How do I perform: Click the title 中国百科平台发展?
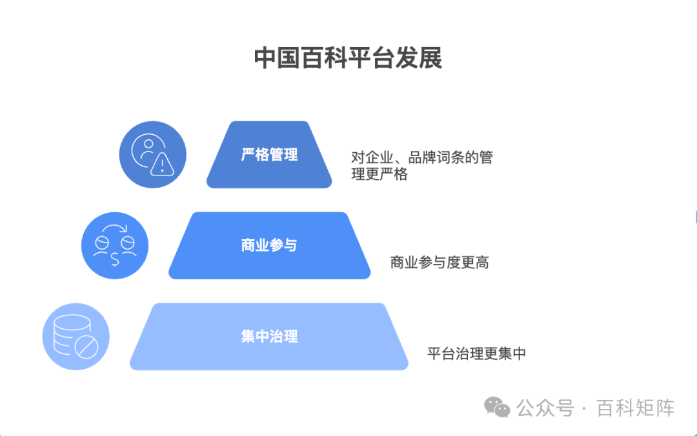pos(348,58)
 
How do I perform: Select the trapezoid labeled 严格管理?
pos(269,155)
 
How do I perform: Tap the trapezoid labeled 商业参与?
pos(269,246)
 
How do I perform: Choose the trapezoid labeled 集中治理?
pos(269,337)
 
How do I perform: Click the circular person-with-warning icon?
pos(152,155)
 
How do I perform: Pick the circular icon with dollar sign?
pos(115,246)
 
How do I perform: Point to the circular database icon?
pos(76,337)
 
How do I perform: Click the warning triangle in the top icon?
pos(161,166)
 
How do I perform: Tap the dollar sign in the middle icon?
pos(115,259)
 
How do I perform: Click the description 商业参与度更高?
pos(439,263)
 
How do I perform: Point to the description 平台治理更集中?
pos(476,353)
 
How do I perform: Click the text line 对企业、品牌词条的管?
pos(422,157)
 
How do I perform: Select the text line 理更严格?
pos(379,174)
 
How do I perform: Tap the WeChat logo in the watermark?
pos(498,408)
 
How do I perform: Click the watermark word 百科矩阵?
pos(635,408)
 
